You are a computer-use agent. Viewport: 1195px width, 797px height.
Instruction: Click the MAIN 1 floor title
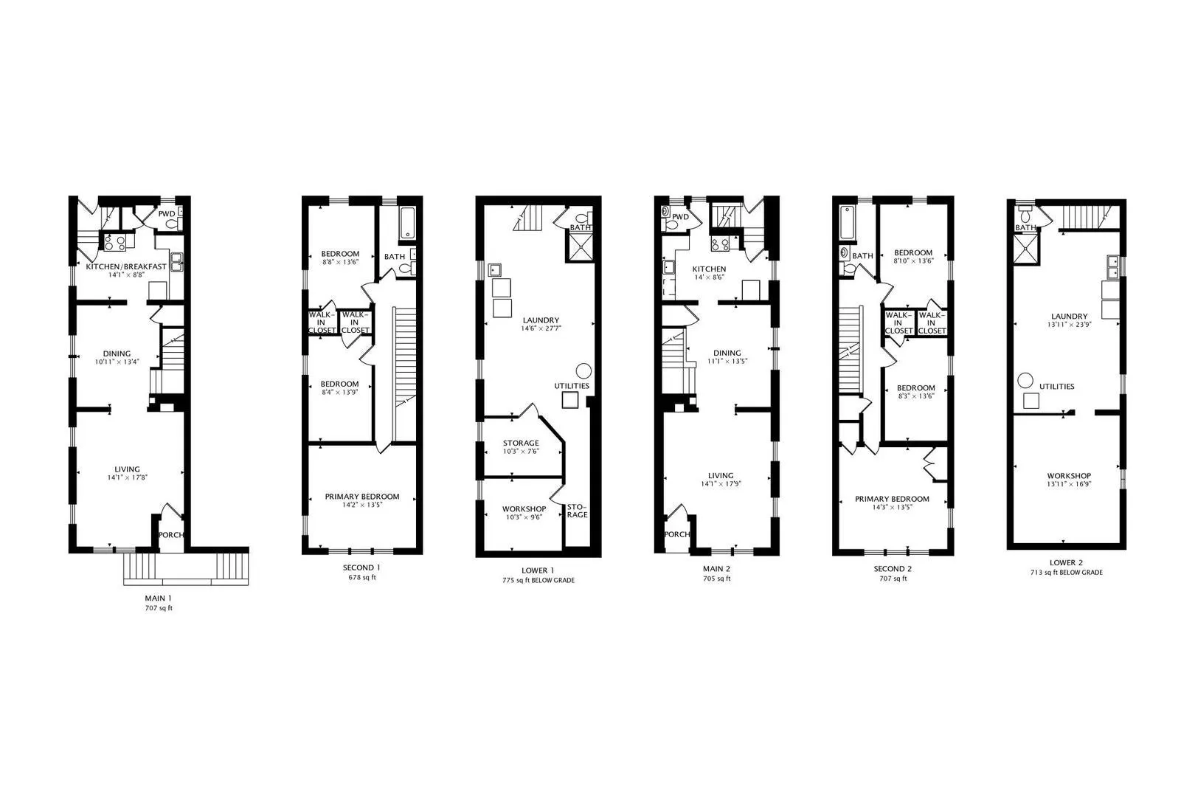(159, 598)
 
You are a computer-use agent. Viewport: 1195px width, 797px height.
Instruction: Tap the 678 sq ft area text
(362, 577)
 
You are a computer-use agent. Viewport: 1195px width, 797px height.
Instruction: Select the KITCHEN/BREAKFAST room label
(126, 266)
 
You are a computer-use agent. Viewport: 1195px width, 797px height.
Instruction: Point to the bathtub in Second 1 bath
(408, 223)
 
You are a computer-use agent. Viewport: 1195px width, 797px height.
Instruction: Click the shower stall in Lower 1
(580, 247)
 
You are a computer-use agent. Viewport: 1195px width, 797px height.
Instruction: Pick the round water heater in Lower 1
(583, 370)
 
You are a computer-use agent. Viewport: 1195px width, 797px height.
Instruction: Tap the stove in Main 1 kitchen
(114, 243)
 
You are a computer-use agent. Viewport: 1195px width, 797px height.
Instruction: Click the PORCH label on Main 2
(677, 534)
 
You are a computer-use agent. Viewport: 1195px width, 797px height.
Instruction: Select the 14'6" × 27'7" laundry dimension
(541, 328)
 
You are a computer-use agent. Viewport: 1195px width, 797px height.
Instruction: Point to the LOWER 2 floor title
(1066, 562)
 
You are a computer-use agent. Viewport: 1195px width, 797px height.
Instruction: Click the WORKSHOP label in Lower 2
(1069, 476)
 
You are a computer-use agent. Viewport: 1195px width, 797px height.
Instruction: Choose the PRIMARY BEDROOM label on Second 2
(892, 499)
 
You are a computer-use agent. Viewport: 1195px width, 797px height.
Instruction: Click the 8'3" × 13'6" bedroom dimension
(915, 396)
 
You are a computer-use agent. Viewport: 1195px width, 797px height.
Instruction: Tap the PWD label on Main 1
(167, 214)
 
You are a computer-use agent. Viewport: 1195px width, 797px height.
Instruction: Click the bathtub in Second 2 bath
(848, 223)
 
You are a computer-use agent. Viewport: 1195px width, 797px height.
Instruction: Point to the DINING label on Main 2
(727, 353)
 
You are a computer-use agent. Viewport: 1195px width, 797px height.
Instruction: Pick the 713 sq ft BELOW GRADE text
(1066, 572)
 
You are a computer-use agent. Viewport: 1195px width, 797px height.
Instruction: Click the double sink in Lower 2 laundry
(1113, 267)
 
